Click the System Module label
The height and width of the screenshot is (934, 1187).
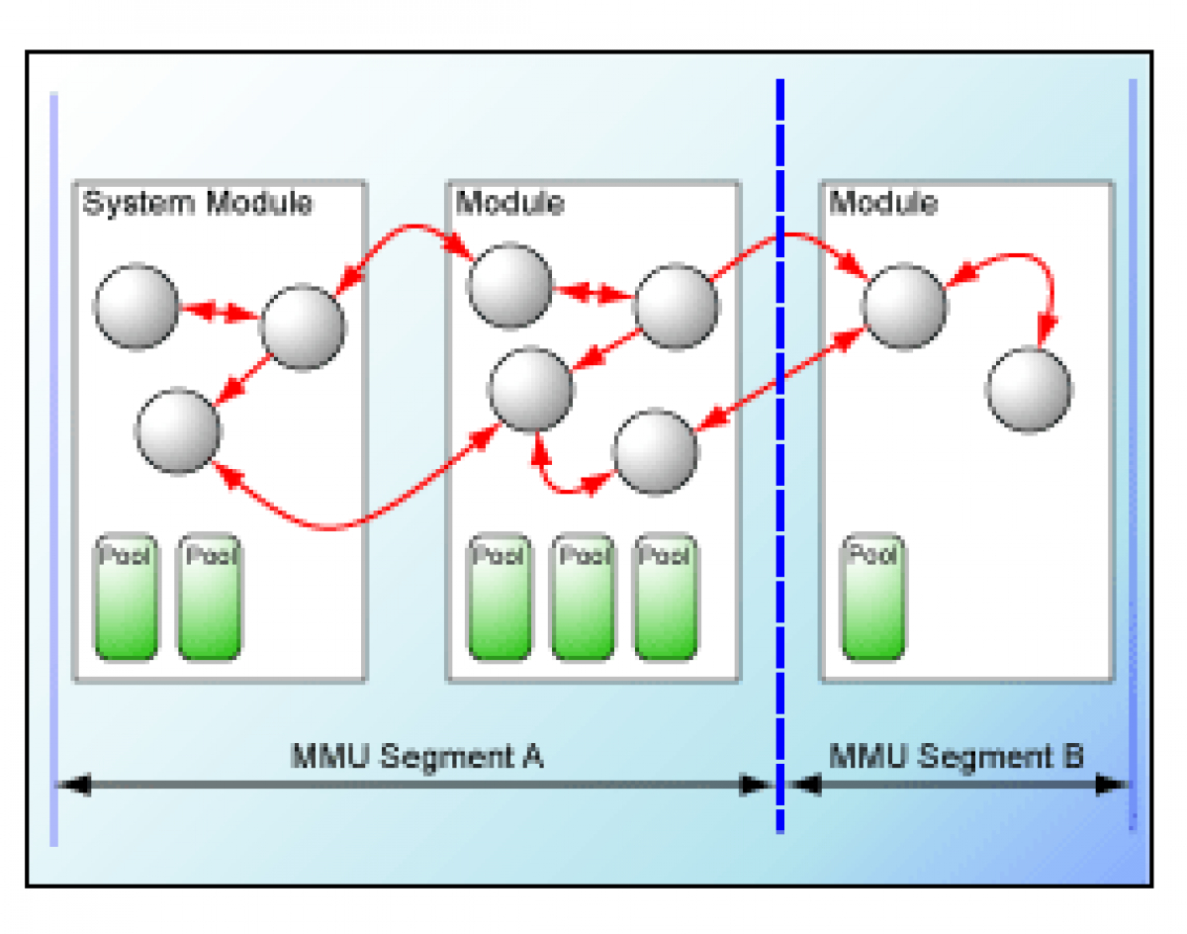pyautogui.click(x=197, y=203)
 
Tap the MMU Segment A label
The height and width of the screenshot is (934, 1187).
pyautogui.click(x=416, y=757)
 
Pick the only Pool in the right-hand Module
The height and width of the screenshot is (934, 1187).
pyautogui.click(x=873, y=598)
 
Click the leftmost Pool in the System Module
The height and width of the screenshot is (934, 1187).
pyautogui.click(x=126, y=598)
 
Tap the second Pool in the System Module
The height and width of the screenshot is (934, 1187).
pyautogui.click(x=209, y=598)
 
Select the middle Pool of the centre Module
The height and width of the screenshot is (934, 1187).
pyautogui.click(x=582, y=598)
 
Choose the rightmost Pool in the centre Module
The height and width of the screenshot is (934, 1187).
pyautogui.click(x=665, y=598)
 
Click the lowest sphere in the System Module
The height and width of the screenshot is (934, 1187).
pyautogui.click(x=178, y=431)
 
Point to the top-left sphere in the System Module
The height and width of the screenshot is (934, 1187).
pyautogui.click(x=137, y=307)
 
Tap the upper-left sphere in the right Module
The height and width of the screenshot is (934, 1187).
pyautogui.click(x=904, y=306)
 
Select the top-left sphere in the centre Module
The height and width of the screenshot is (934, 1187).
pyautogui.click(x=508, y=287)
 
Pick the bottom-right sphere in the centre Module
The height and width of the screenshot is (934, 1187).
pyautogui.click(x=655, y=453)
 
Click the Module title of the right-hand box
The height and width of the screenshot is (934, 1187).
pyautogui.click(x=883, y=203)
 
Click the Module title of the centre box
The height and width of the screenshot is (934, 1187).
pyautogui.click(x=510, y=203)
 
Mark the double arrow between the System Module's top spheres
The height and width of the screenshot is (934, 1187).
pyautogui.click(x=220, y=312)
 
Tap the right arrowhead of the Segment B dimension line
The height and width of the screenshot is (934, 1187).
pyautogui.click(x=1114, y=785)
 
